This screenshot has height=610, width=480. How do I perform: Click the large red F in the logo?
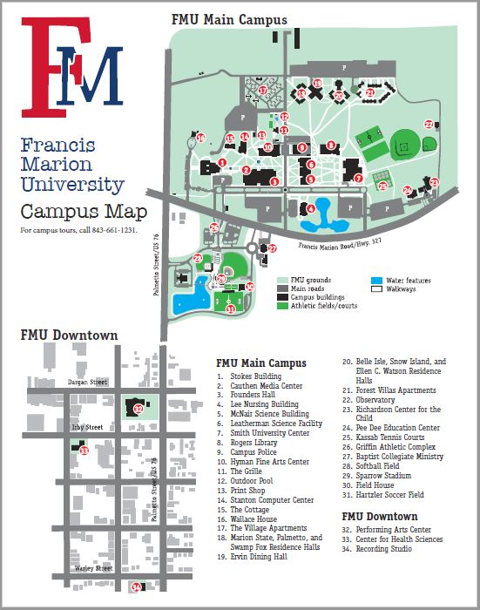tap(44, 65)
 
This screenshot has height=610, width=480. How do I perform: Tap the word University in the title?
tap(72, 185)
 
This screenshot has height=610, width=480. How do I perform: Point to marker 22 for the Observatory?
tap(429, 124)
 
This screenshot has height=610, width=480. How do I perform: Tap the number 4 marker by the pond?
tap(311, 208)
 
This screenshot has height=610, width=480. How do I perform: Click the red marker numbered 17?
tap(261, 89)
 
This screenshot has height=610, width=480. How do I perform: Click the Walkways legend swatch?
tap(376, 288)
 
